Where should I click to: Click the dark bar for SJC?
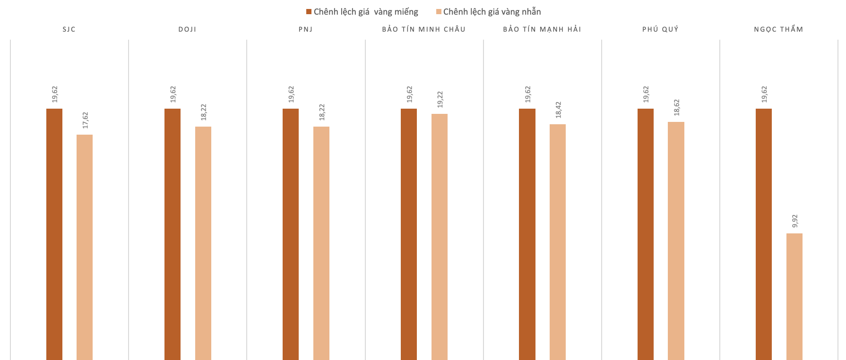tap(54, 234)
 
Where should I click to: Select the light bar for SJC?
tap(85, 247)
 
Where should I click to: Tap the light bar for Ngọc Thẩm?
tap(794, 296)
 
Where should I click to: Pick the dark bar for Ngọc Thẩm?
tap(764, 234)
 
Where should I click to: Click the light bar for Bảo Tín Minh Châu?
tap(440, 237)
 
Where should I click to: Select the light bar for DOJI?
tap(203, 243)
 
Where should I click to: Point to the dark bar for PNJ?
tap(291, 234)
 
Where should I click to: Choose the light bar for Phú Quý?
tap(676, 240)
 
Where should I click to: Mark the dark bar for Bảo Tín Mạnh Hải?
tap(527, 234)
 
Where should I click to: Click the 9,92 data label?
tap(794, 221)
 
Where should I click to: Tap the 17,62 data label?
tap(85, 120)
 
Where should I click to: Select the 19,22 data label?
tap(440, 100)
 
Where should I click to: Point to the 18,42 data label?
tap(558, 110)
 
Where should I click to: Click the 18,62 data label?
tap(676, 107)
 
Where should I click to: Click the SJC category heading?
tap(69, 29)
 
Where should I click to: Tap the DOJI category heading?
tap(187, 29)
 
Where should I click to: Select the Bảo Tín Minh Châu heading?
tap(424, 29)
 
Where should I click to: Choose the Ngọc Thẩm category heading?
tap(778, 29)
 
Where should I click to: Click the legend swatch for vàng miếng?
tap(309, 12)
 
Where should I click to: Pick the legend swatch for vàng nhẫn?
tap(439, 12)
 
